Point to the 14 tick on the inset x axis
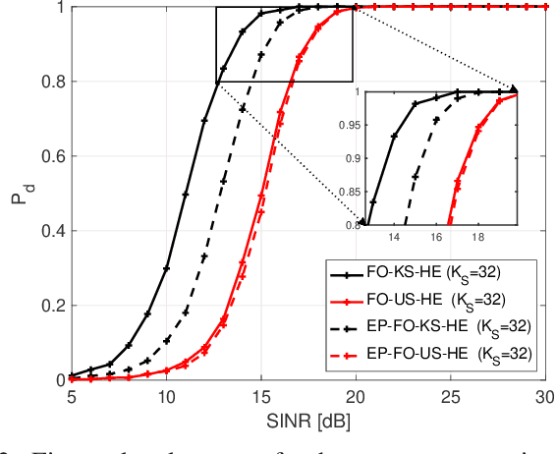click(x=394, y=237)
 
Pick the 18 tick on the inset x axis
click(x=477, y=237)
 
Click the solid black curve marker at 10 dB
click(x=166, y=268)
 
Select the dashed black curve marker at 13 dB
click(x=223, y=180)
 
